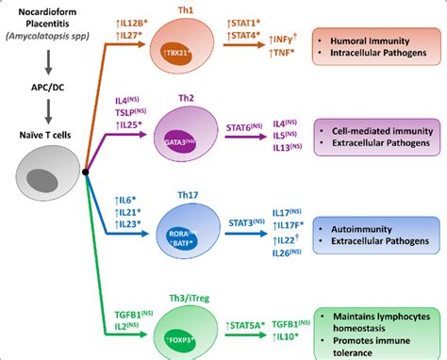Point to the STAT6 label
(x=247, y=140)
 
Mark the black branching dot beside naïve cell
(x=86, y=172)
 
